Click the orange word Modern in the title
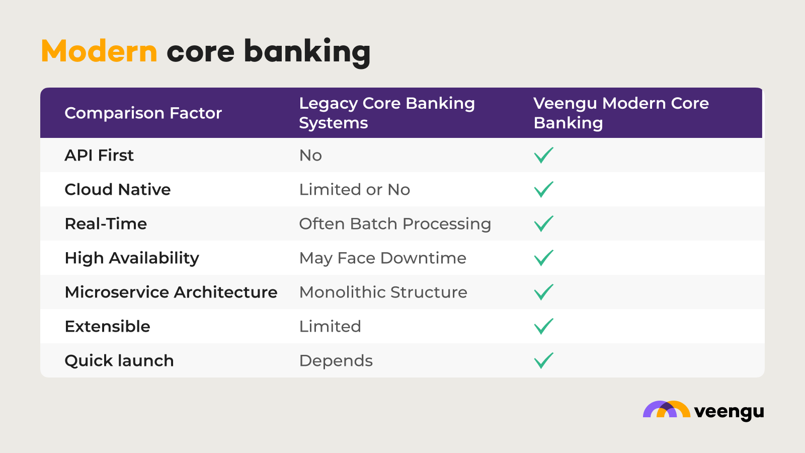[99, 51]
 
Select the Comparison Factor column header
[143, 113]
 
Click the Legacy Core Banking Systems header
[386, 113]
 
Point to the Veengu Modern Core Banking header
[621, 113]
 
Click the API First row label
[99, 156]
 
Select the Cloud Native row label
[118, 190]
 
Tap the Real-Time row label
[106, 224]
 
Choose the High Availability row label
[132, 258]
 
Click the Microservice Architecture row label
[171, 292]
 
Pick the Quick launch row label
[119, 361]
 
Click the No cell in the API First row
[310, 156]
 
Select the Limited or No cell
[354, 190]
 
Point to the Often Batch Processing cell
[395, 224]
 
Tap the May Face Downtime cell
[382, 258]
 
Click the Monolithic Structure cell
[383, 292]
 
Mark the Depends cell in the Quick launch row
[336, 361]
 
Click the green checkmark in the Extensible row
[543, 327]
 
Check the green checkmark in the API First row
[543, 156]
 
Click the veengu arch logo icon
[666, 410]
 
